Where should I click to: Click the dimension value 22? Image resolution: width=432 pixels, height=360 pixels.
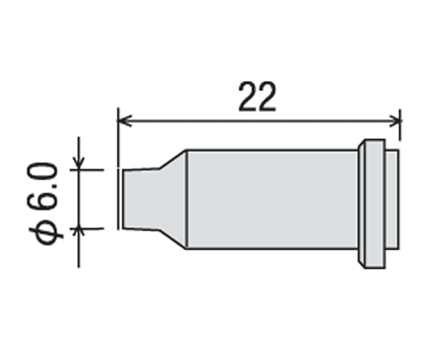[x=257, y=98]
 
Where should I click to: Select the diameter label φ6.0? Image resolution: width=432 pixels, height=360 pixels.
[x=43, y=202]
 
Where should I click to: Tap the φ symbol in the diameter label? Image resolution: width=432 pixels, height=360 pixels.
[x=43, y=233]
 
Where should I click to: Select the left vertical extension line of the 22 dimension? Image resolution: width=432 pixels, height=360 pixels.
[x=118, y=136]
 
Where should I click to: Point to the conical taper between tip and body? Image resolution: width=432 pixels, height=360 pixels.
[x=173, y=198]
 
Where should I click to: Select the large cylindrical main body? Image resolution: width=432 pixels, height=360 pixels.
[x=272, y=198]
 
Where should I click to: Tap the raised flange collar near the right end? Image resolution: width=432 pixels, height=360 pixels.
[x=370, y=203]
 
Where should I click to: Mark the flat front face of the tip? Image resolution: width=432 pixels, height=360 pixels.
[x=122, y=198]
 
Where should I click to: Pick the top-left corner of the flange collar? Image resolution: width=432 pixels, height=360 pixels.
[x=360, y=142]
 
